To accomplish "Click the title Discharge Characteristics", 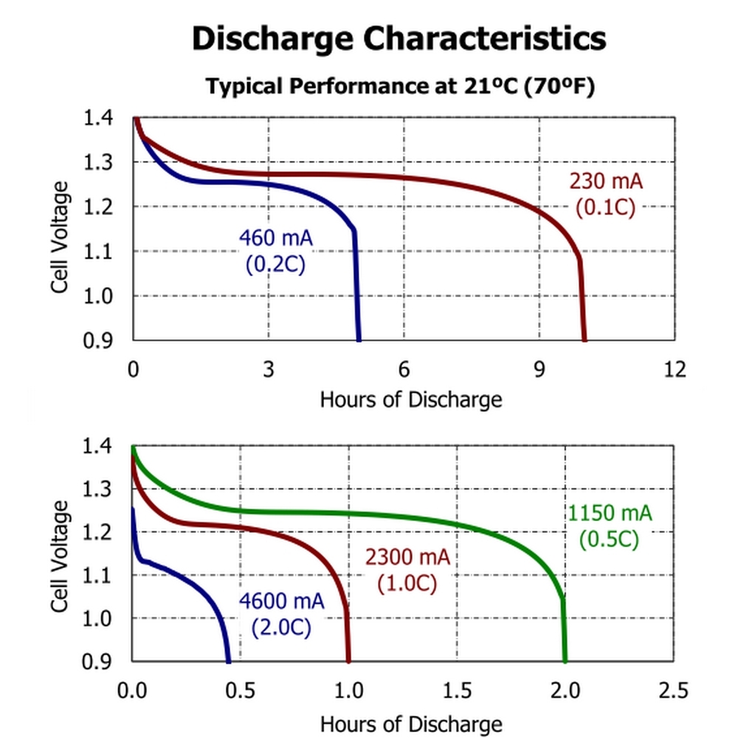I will click(x=399, y=38).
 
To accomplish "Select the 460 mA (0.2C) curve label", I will click(x=275, y=251).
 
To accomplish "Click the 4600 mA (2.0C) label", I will click(x=281, y=614).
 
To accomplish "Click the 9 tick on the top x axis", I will click(x=539, y=368).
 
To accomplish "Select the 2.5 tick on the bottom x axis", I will click(x=672, y=691).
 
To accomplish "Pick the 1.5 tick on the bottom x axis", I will click(x=456, y=691).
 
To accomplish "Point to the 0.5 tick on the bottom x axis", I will click(x=240, y=691).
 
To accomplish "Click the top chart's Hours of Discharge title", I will click(x=410, y=400).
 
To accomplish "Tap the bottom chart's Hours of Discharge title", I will click(x=410, y=723).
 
